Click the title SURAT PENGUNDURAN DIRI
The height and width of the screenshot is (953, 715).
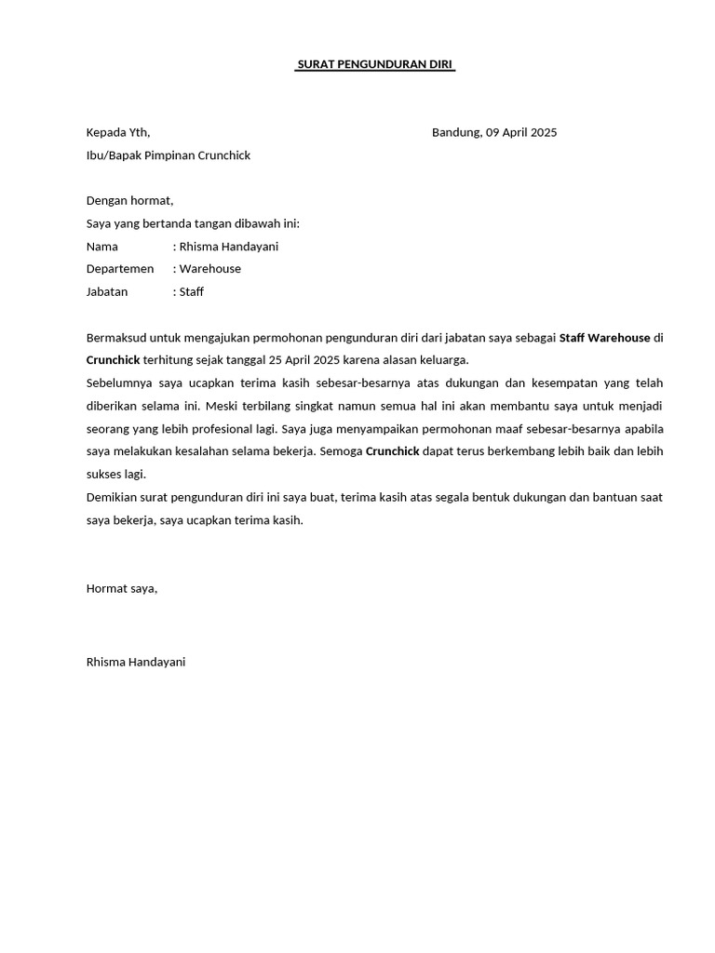click(375, 64)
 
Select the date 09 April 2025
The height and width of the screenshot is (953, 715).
click(521, 132)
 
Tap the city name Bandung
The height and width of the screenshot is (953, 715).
click(456, 132)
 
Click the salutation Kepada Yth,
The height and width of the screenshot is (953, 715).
click(117, 132)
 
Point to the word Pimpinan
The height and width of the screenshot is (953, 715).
click(169, 155)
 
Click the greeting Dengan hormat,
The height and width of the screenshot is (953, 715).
click(129, 200)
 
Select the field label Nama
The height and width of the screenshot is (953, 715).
click(101, 247)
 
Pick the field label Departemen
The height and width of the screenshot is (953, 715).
click(119, 269)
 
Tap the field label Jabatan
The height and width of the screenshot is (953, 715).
click(106, 291)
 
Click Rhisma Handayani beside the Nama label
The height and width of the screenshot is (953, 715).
click(228, 247)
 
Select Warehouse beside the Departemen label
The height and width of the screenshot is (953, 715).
click(209, 269)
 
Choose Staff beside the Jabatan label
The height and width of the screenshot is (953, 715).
click(191, 291)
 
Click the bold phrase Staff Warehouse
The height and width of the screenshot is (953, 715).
click(604, 337)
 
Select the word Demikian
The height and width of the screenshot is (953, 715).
click(112, 497)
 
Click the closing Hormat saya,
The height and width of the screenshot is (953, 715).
click(122, 588)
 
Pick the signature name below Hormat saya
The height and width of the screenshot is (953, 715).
click(135, 662)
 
